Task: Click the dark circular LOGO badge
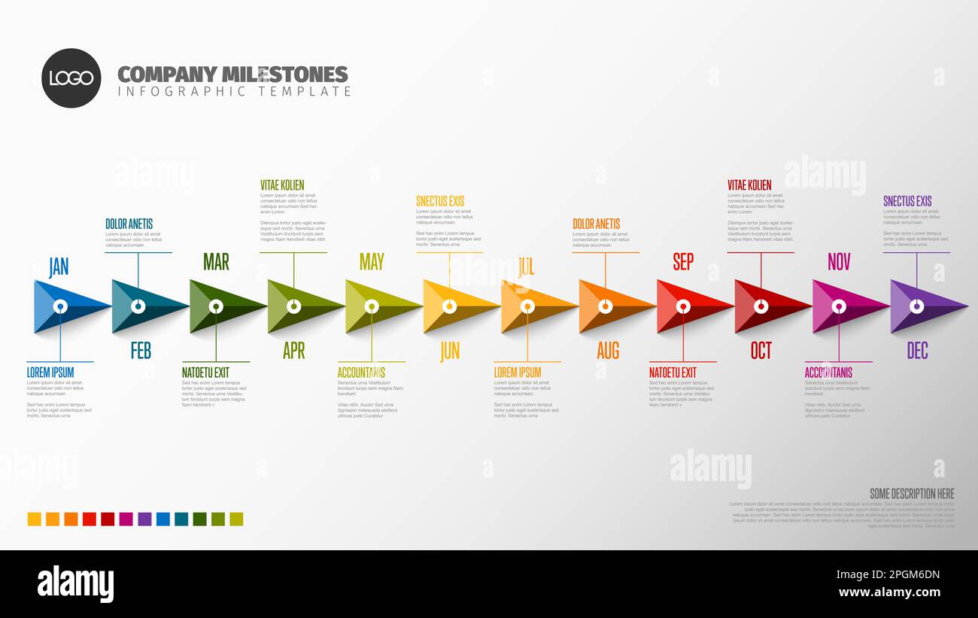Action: (x=71, y=78)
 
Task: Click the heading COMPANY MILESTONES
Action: (x=232, y=74)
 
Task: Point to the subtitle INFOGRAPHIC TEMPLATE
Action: (x=234, y=91)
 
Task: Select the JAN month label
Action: (x=59, y=266)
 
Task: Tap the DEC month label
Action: (x=917, y=350)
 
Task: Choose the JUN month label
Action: (x=450, y=350)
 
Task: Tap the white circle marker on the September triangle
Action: (x=683, y=306)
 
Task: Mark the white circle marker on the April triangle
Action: (x=294, y=306)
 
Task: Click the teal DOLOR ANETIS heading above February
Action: (x=129, y=224)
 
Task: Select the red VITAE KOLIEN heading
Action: (x=749, y=184)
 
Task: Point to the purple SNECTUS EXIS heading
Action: (x=907, y=201)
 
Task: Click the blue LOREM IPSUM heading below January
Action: (x=50, y=372)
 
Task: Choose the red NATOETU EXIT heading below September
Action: (x=673, y=372)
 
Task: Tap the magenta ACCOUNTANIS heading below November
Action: (x=828, y=372)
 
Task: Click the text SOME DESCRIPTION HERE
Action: (x=912, y=493)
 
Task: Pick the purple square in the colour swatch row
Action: (x=144, y=519)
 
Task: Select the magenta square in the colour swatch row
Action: (x=126, y=519)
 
